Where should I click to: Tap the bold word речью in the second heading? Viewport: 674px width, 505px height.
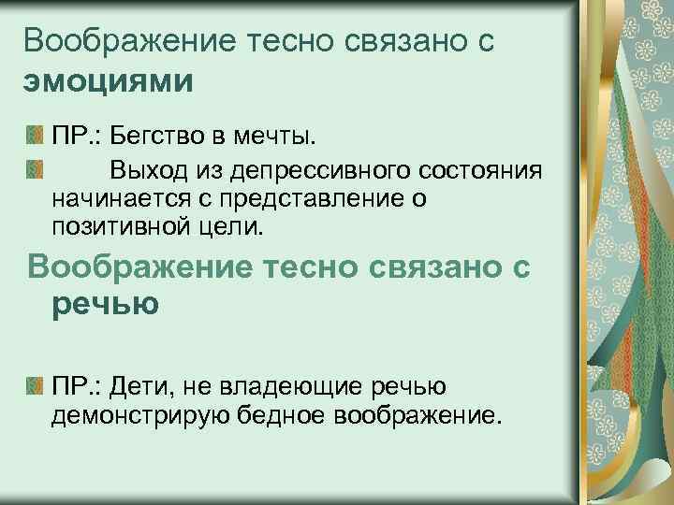pos(106,305)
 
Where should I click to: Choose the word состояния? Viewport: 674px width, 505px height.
pos(476,170)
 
